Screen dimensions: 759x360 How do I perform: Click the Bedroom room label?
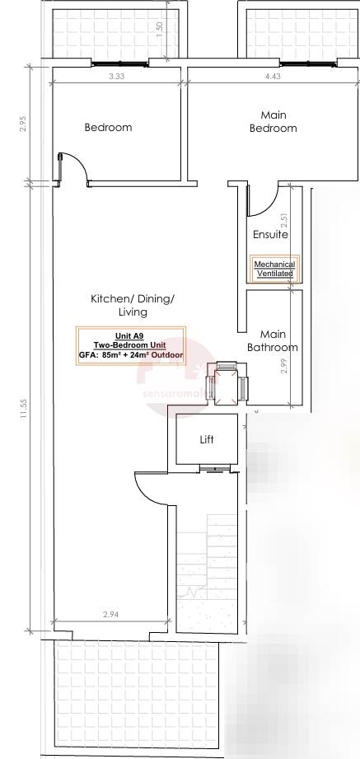(108, 128)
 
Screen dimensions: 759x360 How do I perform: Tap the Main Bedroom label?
(273, 122)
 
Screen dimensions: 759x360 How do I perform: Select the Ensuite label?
(270, 235)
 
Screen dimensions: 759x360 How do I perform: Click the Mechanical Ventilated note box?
(274, 269)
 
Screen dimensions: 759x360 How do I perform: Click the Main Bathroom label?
(273, 341)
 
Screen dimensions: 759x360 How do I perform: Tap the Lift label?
(207, 440)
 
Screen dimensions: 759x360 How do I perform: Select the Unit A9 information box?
(130, 346)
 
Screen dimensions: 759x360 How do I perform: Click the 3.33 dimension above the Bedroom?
(116, 77)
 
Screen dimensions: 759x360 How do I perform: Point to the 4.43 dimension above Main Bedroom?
(272, 77)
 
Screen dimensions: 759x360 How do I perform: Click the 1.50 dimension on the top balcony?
(160, 28)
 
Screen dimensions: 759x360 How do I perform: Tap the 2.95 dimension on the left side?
(24, 124)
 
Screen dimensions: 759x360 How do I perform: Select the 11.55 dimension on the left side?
(24, 408)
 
